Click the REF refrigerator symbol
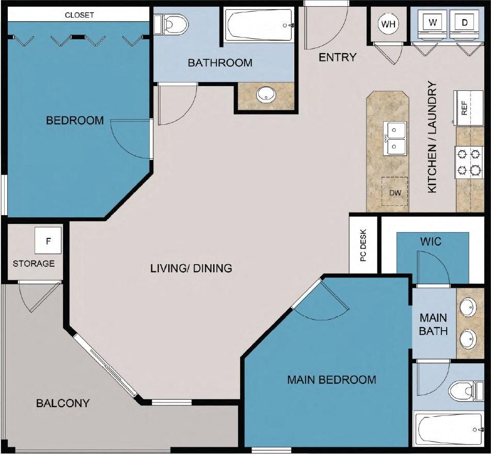tap(464, 108)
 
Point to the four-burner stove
tap(468, 162)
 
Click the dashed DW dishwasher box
tap(394, 192)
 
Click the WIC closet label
tap(431, 241)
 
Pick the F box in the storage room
tap(49, 241)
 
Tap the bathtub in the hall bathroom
tap(260, 25)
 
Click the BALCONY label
tap(63, 403)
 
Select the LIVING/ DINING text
tap(191, 268)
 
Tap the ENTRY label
tap(338, 57)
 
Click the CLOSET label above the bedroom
tap(80, 15)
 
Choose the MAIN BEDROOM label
tap(331, 380)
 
